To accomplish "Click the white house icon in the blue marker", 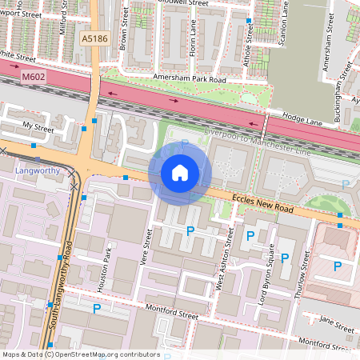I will [x=180, y=172].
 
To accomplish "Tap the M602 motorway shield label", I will [x=34, y=77].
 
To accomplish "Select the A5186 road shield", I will [x=94, y=38].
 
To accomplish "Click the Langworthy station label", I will [x=38, y=170].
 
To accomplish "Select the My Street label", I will [x=38, y=126].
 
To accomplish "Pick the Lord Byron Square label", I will [x=272, y=270].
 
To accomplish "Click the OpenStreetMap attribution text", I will [x=80, y=354].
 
